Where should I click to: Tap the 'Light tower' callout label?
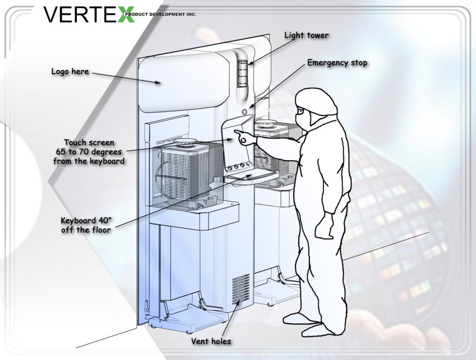coord(306,35)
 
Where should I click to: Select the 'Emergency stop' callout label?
coord(337,63)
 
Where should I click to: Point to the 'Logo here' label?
coord(70,72)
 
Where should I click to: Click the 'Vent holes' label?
coord(211,341)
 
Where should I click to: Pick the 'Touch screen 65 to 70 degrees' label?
coord(88,152)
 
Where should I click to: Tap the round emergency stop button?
coord(244,111)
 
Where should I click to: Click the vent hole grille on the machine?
coord(240,288)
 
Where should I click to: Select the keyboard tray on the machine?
coord(253,177)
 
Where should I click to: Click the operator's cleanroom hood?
coord(316,100)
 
